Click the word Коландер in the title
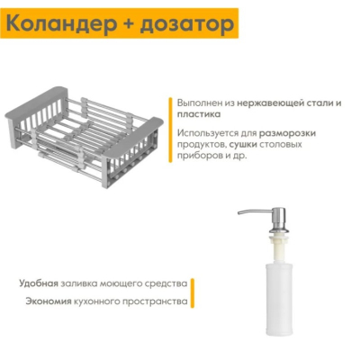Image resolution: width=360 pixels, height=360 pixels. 61,23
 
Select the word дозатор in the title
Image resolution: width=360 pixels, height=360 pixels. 186,23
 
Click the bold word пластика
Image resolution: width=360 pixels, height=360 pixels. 199,114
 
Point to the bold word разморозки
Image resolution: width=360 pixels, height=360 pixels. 287,133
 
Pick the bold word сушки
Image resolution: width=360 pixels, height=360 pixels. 243,144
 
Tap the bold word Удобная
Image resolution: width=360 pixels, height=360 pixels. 39,283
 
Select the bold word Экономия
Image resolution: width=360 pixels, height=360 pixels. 49,301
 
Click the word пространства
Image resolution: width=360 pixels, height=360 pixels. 155,301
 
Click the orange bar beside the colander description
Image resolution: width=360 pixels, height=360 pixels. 170,130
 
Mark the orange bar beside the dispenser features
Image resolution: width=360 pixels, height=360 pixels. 193,292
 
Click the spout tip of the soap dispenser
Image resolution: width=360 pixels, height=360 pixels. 239,213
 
